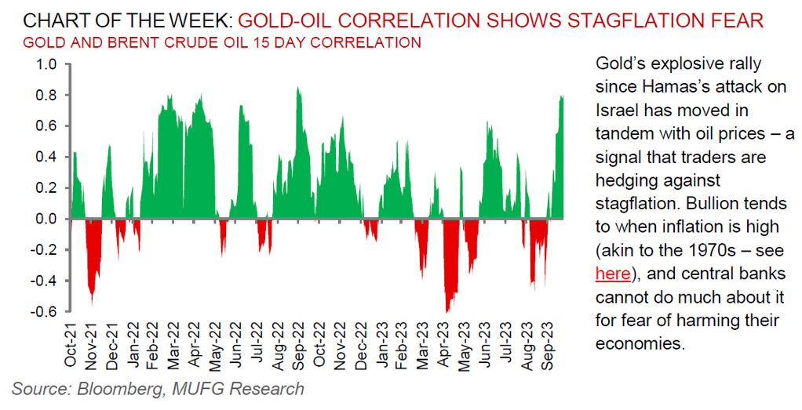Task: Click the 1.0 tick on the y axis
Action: [x=46, y=64]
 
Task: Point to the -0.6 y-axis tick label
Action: [x=44, y=312]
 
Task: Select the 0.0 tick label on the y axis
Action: [x=46, y=219]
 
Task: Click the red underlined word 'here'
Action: [x=612, y=274]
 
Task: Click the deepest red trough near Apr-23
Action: [x=447, y=311]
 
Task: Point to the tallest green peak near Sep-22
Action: [x=297, y=88]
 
